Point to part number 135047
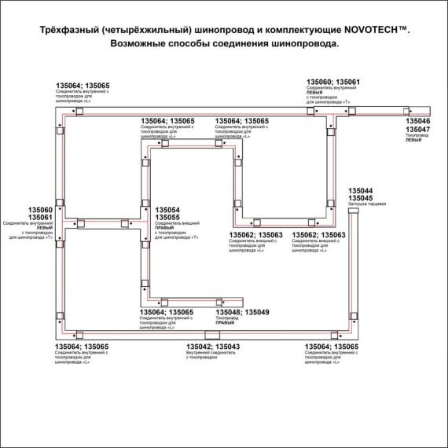[419, 130]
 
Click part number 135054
[168, 211]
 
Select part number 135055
[168, 218]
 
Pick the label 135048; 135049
[242, 313]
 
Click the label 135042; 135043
[213, 347]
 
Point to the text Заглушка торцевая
[365, 205]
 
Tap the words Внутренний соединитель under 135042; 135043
[207, 354]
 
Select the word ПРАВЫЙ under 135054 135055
[165, 229]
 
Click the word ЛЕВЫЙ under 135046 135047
[413, 140]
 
